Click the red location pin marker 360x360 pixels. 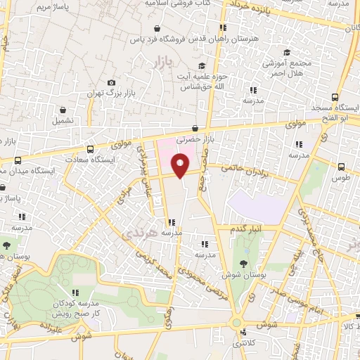point(180,166)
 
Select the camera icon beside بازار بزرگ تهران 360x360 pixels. point(111,83)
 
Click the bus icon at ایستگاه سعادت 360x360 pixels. point(89,149)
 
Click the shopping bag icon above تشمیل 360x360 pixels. point(65,110)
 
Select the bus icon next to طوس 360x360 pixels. point(341,167)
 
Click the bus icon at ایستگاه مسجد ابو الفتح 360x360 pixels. point(335,98)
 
